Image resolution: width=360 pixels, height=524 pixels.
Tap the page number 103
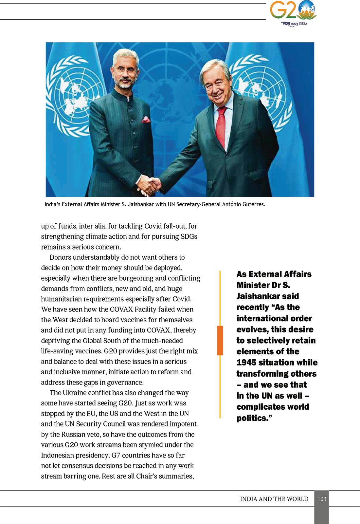322,499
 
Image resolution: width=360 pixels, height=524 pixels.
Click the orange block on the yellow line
220,340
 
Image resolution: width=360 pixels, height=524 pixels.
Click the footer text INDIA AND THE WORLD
274,499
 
